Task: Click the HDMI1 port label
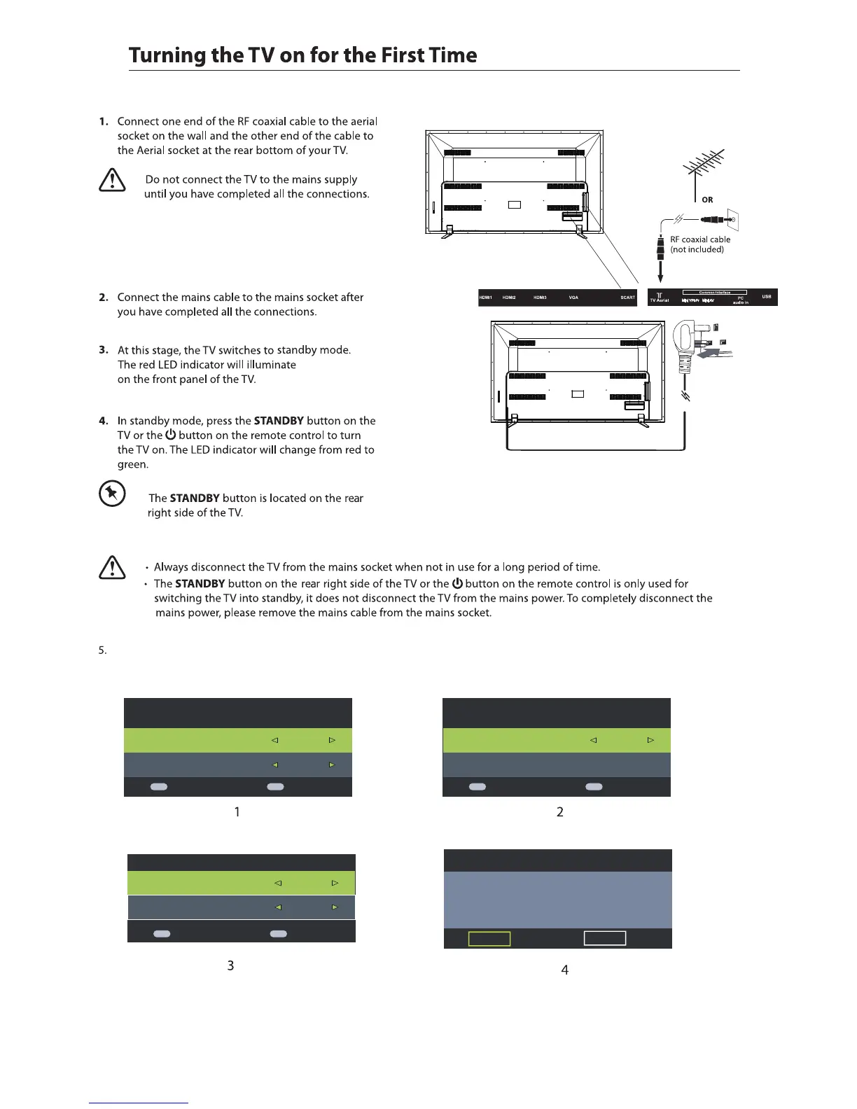486,298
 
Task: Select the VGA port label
573,298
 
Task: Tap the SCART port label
627,298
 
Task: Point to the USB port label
767,297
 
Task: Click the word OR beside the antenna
707,200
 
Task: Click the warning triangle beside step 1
112,182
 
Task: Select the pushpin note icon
112,494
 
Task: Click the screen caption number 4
564,970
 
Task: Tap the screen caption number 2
559,812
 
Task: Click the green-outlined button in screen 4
489,938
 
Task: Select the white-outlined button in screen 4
605,938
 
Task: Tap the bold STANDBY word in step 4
279,421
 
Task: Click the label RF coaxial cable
700,239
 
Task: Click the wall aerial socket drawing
733,220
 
